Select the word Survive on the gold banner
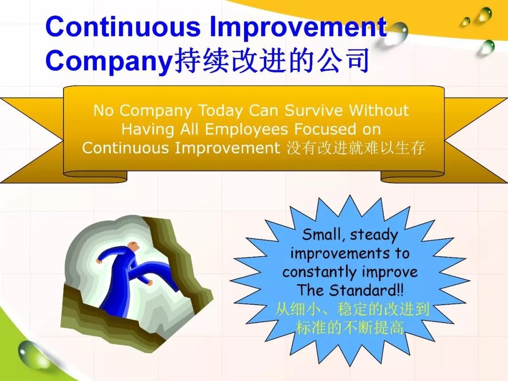tap(313, 110)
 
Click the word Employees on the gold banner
tap(246, 130)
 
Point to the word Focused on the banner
tap(325, 129)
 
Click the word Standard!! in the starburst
tap(366, 290)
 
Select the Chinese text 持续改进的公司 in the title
tap(271, 60)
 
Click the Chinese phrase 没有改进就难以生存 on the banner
tap(356, 148)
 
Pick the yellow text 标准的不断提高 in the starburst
tap(350, 327)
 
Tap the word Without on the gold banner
tap(379, 110)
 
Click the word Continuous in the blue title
tap(123, 26)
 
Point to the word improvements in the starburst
tap(340, 253)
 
